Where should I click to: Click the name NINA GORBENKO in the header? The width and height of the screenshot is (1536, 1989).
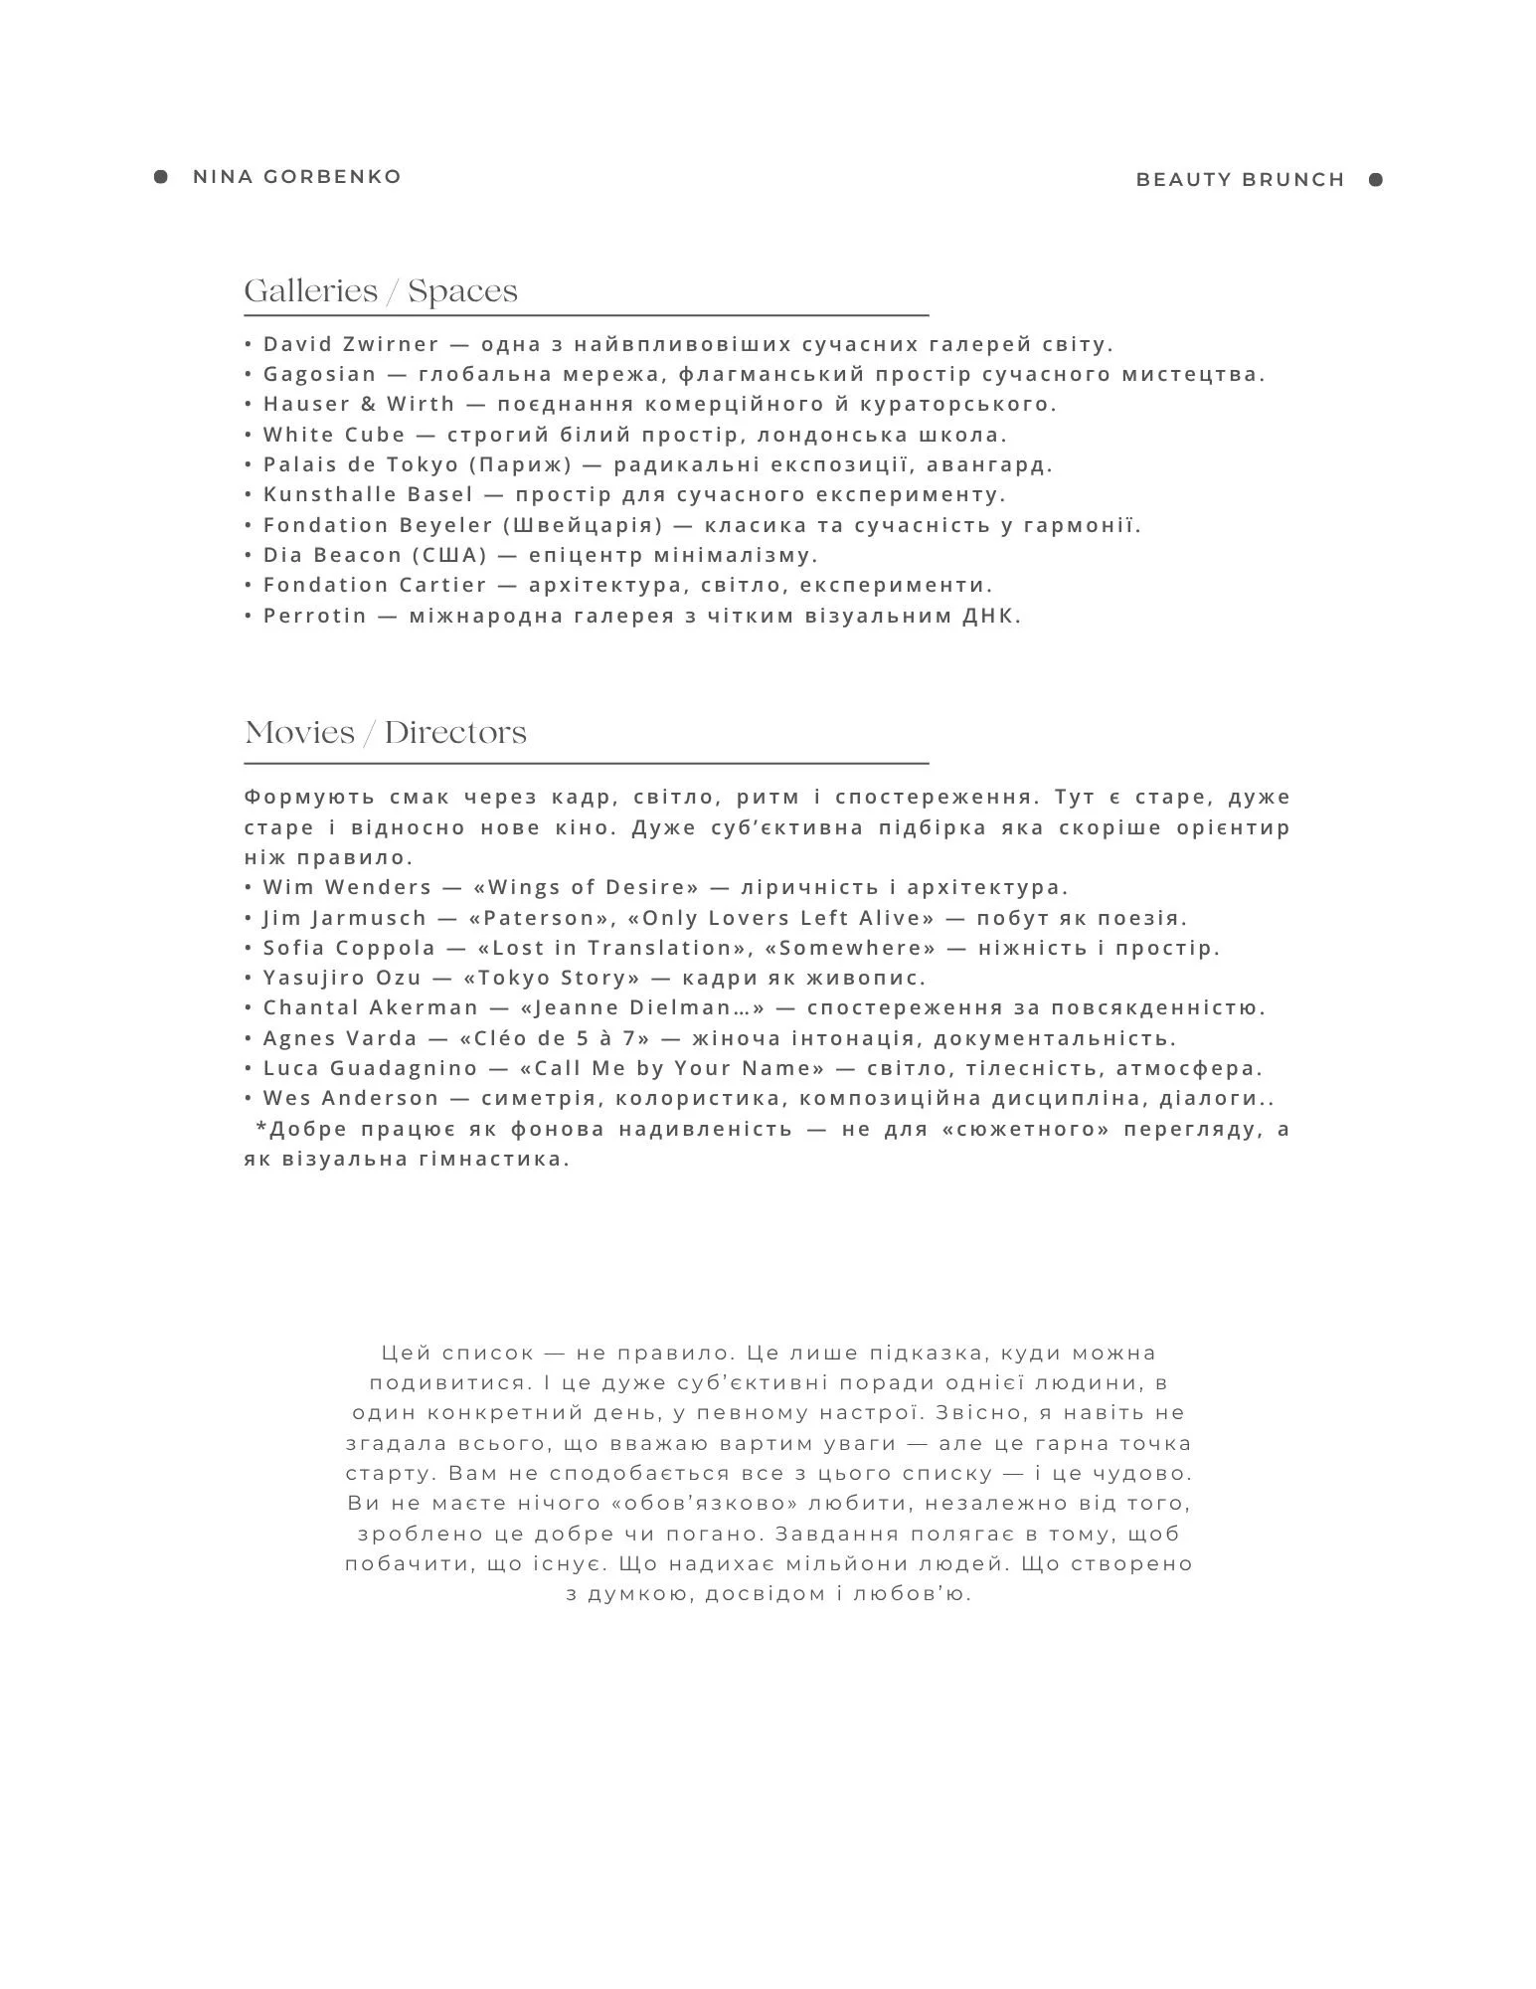[297, 177]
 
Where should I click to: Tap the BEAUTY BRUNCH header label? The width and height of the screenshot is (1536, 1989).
[1240, 180]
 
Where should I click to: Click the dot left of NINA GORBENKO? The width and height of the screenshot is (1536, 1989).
[161, 177]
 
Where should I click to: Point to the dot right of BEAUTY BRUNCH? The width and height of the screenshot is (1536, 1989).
[1376, 180]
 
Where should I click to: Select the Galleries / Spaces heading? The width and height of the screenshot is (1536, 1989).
[381, 291]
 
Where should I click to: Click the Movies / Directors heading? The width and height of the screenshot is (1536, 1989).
[386, 733]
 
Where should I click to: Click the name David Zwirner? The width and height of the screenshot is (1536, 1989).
[351, 345]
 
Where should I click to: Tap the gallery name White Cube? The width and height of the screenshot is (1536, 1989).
[334, 435]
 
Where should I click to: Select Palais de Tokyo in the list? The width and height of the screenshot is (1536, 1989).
[361, 464]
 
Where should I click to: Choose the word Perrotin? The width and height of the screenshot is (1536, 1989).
[315, 616]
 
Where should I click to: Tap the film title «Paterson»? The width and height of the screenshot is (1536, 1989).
[536, 918]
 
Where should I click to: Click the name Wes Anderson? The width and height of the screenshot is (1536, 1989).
[351, 1098]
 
